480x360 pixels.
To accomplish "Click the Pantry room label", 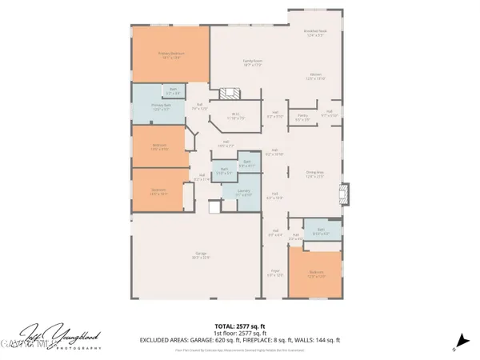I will point(302,117).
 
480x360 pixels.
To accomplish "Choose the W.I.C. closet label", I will point(236,114).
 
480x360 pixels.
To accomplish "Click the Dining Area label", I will point(314,175).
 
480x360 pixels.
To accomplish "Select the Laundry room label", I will point(247,193).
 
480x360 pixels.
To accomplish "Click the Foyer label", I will point(274,273).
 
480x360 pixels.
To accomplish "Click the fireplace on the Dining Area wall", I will point(343,195).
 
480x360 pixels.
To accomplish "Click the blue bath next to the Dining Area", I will point(319,232).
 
